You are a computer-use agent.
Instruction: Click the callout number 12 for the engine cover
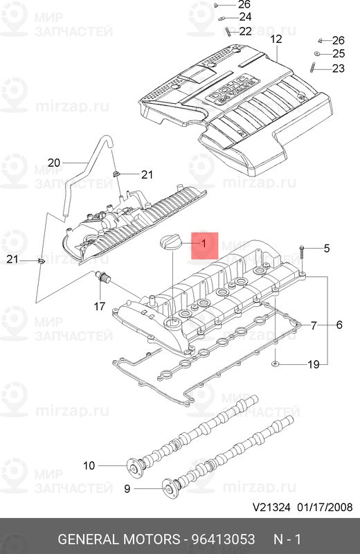pos(276,39)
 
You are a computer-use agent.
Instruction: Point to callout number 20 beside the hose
pos(54,163)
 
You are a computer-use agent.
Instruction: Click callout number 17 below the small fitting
pos(100,305)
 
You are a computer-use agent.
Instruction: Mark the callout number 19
pos(313,325)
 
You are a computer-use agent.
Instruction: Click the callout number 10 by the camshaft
pos(89,465)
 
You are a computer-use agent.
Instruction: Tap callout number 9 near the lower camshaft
pos(127,489)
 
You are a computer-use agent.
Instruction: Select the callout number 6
pos(339,325)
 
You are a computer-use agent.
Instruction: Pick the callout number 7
pos(313,325)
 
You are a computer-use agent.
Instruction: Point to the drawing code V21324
pos(271,526)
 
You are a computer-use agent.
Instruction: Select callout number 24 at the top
pos(245,17)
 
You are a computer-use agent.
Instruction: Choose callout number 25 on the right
pos(338,53)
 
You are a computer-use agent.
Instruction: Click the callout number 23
pos(338,68)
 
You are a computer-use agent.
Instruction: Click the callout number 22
pos(245,31)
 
